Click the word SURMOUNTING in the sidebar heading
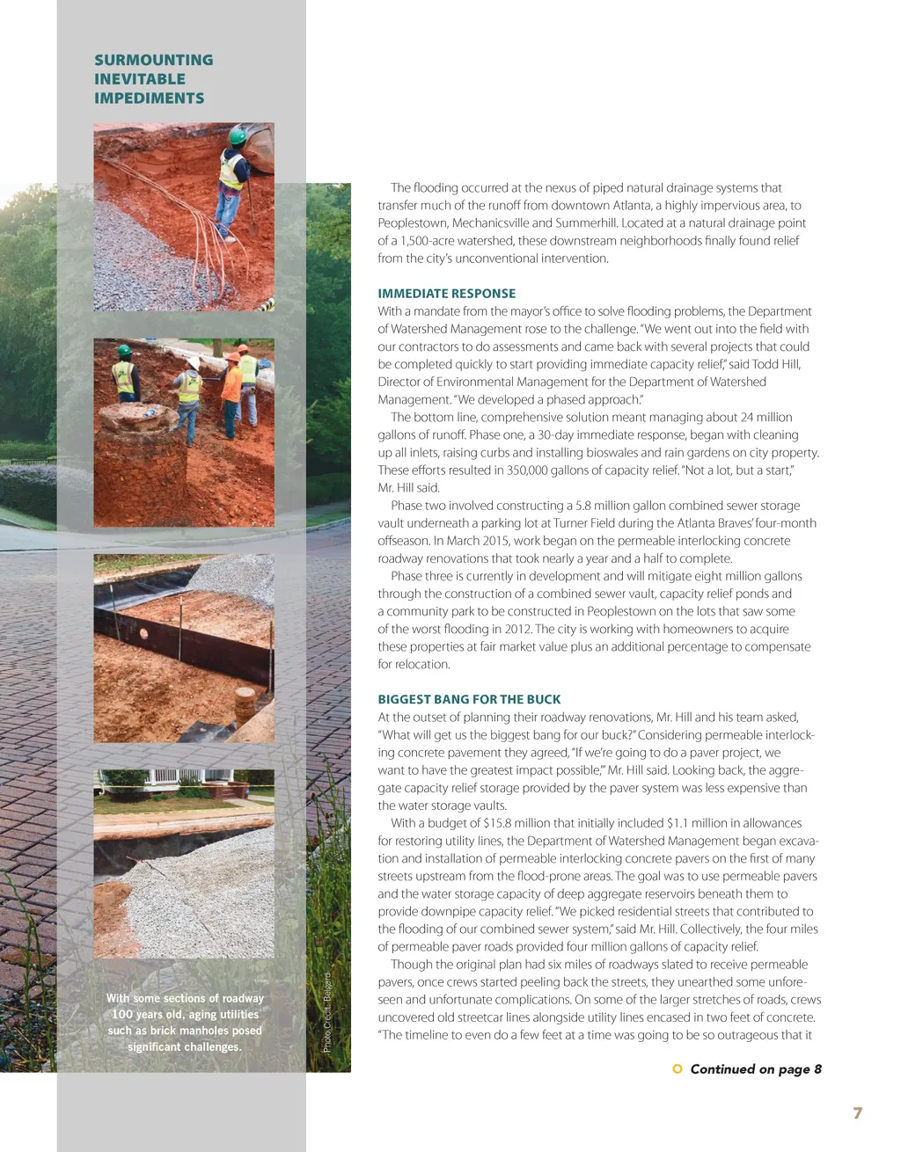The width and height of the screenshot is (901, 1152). (x=153, y=60)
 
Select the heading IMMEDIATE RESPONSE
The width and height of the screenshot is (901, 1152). (x=446, y=294)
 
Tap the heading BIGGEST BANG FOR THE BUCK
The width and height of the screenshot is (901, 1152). (x=469, y=699)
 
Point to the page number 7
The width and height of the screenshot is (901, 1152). (x=857, y=1113)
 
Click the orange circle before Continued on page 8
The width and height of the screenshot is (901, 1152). (x=677, y=1068)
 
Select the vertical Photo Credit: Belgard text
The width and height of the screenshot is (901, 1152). (x=326, y=1012)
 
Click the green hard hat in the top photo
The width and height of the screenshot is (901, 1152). (x=238, y=136)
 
